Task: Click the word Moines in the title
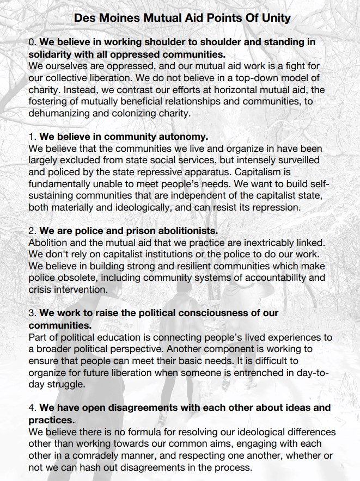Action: click(119, 18)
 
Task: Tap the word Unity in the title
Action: click(276, 18)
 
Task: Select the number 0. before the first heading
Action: click(32, 41)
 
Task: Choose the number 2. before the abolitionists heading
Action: click(32, 231)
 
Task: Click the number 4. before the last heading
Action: click(32, 408)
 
